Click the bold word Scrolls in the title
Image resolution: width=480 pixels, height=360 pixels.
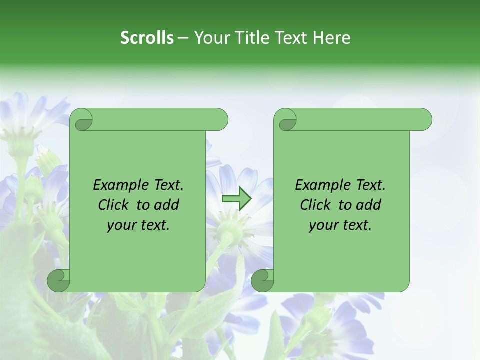point(147,37)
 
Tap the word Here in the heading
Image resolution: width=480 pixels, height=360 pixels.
point(331,37)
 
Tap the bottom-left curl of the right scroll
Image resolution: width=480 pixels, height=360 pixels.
point(263,280)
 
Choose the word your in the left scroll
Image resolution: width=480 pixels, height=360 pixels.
point(121,225)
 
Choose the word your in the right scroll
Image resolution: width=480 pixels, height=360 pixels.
point(323,225)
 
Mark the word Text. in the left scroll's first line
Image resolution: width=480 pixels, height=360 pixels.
point(167,185)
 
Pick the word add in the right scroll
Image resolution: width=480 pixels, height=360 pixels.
point(369,205)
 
